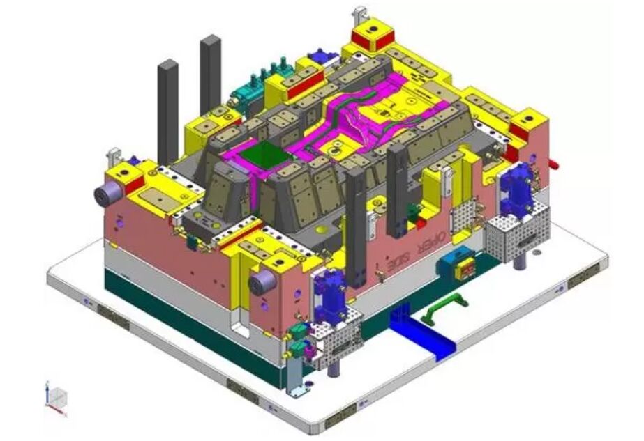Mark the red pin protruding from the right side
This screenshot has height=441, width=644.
coord(554,165)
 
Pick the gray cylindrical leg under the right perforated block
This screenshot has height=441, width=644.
coord(521,262)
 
